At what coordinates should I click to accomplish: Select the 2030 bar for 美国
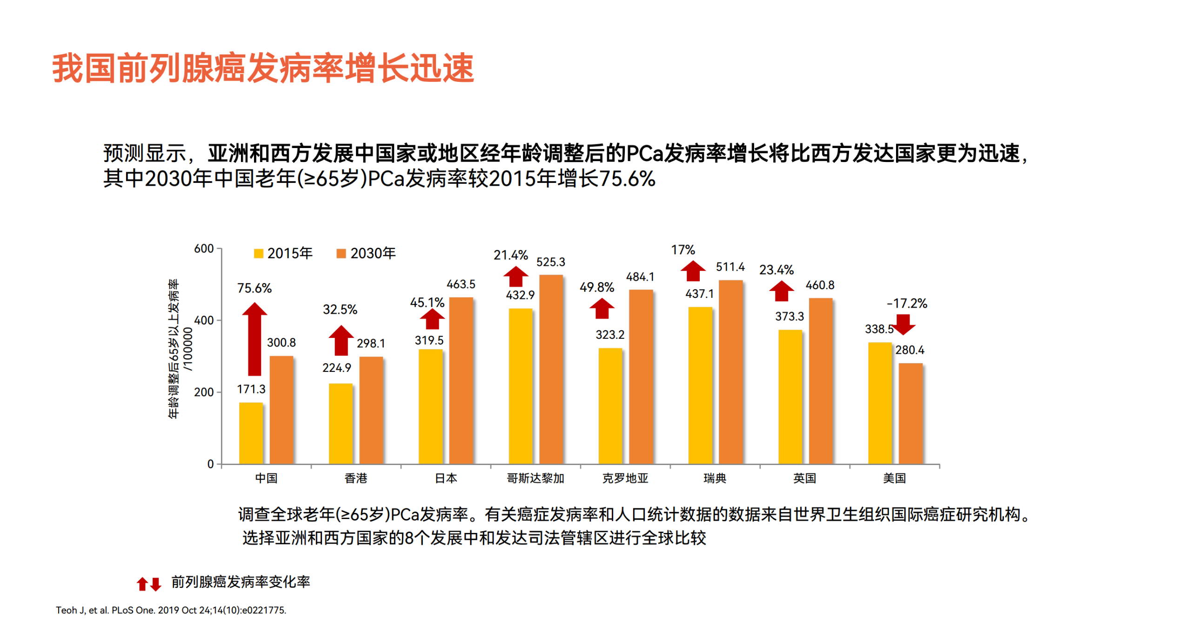(910, 413)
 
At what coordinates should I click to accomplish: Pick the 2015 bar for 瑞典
(700, 385)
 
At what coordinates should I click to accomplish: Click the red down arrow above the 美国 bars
(903, 324)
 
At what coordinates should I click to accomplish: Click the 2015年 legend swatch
(258, 253)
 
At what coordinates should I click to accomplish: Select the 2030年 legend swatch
(341, 253)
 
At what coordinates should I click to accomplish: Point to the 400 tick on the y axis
(204, 320)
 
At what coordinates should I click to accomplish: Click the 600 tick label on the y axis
(204, 249)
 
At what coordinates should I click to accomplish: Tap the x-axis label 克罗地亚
(625, 478)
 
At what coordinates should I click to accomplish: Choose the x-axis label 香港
(355, 478)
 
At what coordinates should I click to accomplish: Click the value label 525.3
(550, 262)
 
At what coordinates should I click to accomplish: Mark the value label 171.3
(251, 389)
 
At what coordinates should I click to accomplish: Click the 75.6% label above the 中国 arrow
(254, 288)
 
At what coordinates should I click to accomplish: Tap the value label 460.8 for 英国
(820, 285)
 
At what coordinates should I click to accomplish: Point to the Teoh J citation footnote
(171, 610)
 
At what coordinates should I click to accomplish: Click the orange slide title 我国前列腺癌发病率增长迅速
(263, 68)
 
